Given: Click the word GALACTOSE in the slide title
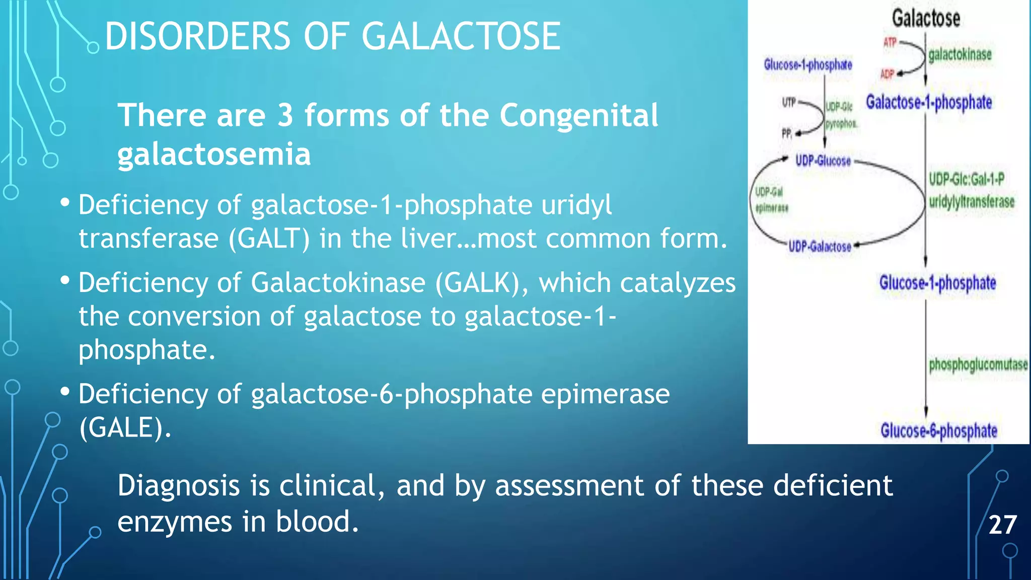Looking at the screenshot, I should pos(461,36).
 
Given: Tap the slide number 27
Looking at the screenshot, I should pos(1002,525).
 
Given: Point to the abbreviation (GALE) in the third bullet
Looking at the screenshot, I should pos(125,427).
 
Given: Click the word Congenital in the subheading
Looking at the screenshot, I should pos(578,115).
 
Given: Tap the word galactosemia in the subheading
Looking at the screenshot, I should pos(214,154).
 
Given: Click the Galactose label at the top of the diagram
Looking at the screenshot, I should pos(926,19).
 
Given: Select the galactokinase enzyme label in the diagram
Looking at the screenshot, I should pos(960,54).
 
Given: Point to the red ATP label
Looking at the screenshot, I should pos(890,42).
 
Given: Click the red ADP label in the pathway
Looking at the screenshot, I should pos(887,74).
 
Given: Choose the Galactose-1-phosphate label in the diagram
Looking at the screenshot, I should pos(929,102).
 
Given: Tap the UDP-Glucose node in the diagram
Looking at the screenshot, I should pos(823,161).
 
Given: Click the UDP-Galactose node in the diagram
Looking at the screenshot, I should pos(820,247).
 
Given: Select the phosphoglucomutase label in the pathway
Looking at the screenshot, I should pos(978,364).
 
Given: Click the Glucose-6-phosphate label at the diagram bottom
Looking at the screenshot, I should pos(938,431).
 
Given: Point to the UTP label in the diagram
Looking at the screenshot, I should pos(788,103).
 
